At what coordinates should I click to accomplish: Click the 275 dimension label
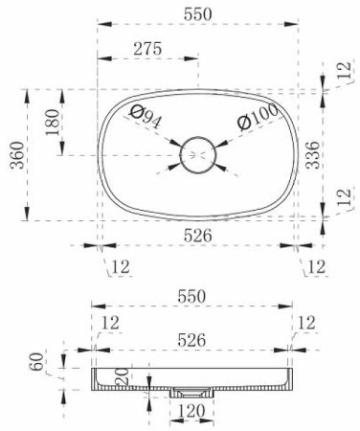(147, 49)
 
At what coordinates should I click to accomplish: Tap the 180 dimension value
(53, 123)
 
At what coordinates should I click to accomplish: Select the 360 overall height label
(17, 155)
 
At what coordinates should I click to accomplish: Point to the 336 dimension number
(312, 155)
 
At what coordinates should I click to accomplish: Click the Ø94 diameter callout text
(146, 116)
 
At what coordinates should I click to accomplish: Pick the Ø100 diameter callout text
(258, 117)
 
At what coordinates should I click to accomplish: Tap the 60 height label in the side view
(36, 361)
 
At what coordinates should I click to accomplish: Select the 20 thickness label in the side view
(122, 376)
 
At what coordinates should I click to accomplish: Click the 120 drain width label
(191, 411)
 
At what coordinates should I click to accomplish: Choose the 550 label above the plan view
(198, 14)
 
